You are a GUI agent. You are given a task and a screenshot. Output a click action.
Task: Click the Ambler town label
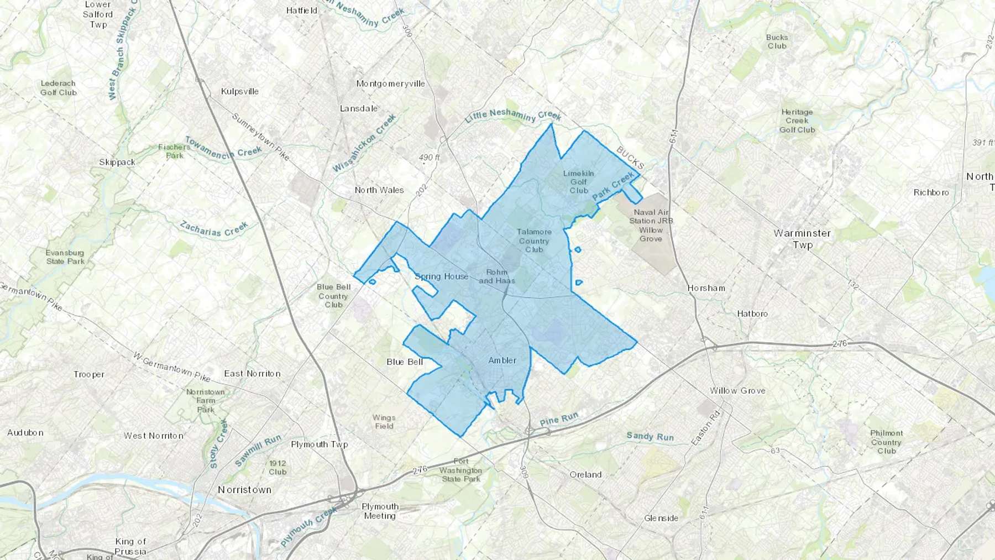(x=502, y=360)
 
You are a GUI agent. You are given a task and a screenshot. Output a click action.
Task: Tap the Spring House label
(x=442, y=276)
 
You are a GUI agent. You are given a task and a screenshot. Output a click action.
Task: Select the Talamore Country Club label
(x=534, y=240)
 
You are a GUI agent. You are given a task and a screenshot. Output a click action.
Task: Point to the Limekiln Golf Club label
(x=579, y=182)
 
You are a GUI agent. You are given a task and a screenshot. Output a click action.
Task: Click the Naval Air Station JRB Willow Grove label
(x=651, y=226)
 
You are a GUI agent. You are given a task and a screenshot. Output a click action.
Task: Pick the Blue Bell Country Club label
(x=333, y=296)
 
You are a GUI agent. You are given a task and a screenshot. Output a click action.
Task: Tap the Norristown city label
(x=244, y=490)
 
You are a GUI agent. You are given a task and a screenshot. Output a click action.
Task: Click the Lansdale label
(x=359, y=108)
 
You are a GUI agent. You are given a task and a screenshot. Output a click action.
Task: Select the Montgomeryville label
(x=390, y=83)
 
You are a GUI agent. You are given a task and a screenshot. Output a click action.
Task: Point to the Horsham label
(x=706, y=288)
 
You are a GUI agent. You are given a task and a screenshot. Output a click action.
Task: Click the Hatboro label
(x=752, y=313)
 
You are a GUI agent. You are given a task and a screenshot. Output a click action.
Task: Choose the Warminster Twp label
(x=802, y=239)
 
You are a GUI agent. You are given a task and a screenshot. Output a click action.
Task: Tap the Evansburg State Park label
(x=65, y=257)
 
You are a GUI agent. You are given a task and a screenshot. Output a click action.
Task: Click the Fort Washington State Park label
(x=461, y=470)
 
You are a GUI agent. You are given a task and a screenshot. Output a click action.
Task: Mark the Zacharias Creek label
(x=214, y=229)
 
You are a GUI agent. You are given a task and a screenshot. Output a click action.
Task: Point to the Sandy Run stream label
(x=650, y=437)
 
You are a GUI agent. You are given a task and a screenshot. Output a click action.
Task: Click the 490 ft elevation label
(x=429, y=158)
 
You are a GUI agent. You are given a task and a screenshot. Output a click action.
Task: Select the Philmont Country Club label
(x=886, y=442)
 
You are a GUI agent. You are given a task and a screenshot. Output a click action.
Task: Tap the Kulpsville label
(x=240, y=91)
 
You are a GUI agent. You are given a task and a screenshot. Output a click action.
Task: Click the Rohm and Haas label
(x=497, y=276)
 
